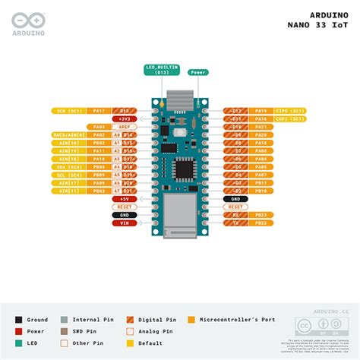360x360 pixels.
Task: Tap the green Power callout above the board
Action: [198, 72]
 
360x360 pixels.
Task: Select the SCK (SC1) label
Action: [70, 111]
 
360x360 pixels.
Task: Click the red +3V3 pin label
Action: [123, 119]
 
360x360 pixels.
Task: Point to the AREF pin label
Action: [123, 127]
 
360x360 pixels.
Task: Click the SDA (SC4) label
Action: [70, 166]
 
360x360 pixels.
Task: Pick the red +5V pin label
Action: [123, 198]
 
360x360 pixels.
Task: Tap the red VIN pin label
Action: [123, 223]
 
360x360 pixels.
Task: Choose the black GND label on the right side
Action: [235, 198]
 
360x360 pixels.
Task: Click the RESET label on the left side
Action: [123, 207]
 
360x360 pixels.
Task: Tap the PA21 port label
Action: [261, 127]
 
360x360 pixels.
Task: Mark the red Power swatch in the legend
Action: [18, 331]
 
